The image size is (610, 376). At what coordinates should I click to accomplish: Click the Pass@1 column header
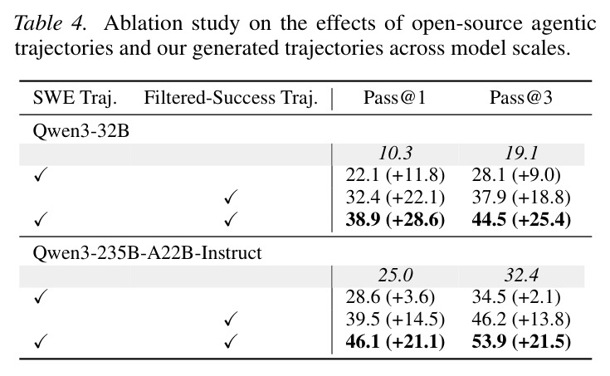click(394, 97)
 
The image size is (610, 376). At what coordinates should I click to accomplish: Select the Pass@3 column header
click(521, 97)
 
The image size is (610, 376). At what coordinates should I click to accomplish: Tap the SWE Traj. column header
click(75, 98)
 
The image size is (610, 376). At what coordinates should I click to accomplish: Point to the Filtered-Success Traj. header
click(231, 98)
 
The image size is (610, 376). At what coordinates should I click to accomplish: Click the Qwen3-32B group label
click(81, 131)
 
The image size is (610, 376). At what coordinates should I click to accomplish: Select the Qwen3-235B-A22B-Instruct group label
click(147, 253)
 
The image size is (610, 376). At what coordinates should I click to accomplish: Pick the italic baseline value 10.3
click(395, 154)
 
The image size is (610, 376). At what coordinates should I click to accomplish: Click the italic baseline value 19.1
click(521, 154)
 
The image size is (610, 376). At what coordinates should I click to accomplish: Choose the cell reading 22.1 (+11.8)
click(395, 175)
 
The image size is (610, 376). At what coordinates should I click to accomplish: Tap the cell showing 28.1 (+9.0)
click(516, 175)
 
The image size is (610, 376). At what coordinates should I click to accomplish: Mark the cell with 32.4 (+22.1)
click(395, 198)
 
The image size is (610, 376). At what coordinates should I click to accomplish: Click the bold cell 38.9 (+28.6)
click(395, 219)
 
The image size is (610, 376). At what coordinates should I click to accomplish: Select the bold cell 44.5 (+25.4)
click(521, 219)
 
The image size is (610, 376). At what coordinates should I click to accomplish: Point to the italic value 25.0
click(395, 276)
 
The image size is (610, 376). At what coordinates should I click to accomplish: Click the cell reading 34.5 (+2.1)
click(516, 297)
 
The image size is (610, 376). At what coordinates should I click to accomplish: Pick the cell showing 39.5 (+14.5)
click(395, 320)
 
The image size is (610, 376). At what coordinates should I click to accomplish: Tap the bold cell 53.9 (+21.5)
click(521, 342)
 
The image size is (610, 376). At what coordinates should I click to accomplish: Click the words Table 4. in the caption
click(50, 23)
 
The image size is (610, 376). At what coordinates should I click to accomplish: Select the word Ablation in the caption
click(143, 23)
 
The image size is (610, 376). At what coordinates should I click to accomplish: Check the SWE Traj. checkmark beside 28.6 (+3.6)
click(41, 297)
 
